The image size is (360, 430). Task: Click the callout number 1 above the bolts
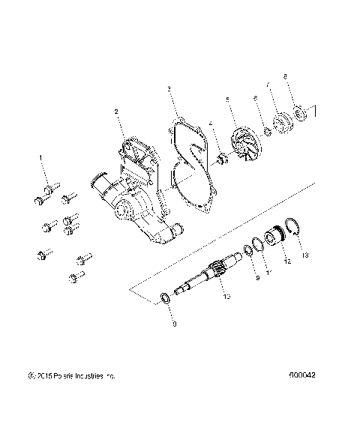(40, 158)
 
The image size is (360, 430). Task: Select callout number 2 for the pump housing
(116, 112)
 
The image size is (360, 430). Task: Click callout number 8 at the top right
(285, 76)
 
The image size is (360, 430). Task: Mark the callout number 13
(304, 255)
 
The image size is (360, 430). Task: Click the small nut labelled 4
(221, 157)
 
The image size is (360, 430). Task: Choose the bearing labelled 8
(302, 114)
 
